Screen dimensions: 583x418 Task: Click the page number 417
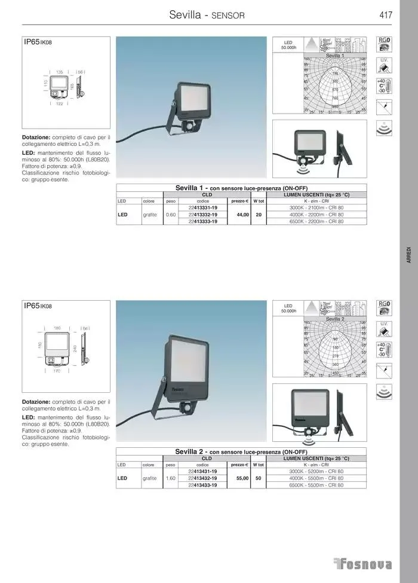385,15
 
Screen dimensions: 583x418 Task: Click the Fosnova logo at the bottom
362,564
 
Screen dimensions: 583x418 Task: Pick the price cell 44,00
242,214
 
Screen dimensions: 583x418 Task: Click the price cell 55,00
242,478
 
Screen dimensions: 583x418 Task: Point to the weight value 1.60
170,478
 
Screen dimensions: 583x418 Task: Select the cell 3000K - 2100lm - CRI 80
316,207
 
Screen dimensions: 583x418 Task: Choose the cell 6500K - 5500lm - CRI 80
316,485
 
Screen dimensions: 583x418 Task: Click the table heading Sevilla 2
191,452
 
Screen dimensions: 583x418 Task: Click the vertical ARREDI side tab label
408,254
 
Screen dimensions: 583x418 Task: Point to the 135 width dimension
60,72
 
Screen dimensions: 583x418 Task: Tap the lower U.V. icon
385,328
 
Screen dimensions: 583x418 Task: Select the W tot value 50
259,478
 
